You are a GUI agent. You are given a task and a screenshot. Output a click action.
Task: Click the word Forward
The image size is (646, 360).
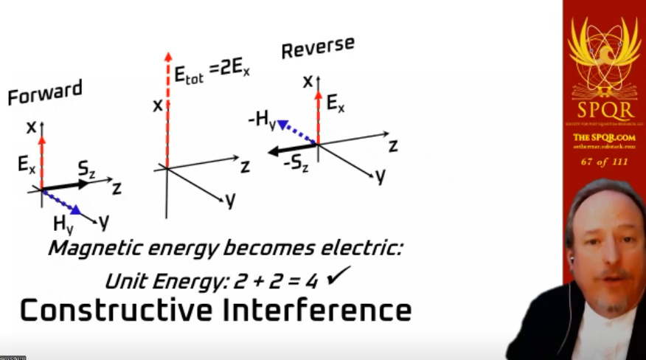click(44, 93)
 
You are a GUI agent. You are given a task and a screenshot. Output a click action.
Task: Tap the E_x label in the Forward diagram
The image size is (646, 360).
click(27, 165)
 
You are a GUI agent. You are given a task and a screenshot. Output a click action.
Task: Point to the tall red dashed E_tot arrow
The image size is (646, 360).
click(167, 111)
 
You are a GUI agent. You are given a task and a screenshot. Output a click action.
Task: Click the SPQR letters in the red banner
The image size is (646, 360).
click(603, 111)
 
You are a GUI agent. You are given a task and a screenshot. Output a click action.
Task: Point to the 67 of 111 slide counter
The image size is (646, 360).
click(604, 162)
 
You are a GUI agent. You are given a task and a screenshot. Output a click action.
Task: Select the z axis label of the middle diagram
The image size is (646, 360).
click(245, 166)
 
